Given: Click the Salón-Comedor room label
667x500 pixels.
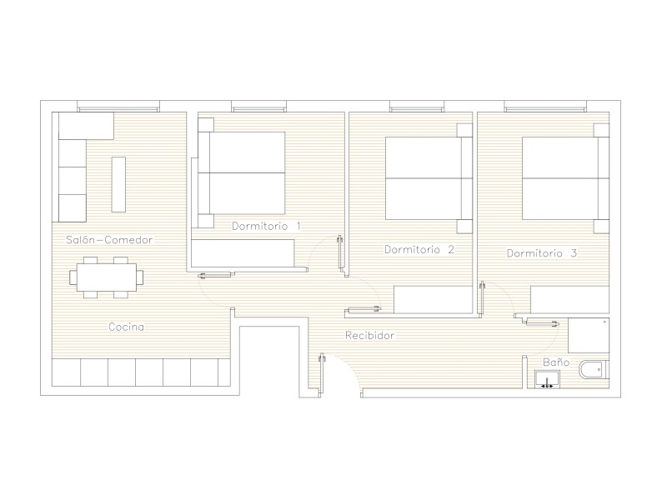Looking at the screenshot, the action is (x=109, y=240).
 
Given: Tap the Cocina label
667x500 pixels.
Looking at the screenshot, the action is (x=127, y=327).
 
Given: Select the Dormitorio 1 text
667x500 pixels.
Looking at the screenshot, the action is (x=266, y=226).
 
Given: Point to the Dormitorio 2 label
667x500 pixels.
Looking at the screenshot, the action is (x=419, y=249).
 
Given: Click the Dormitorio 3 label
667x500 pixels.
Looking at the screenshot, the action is (x=542, y=253).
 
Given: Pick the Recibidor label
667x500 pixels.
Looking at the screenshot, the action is (x=369, y=336).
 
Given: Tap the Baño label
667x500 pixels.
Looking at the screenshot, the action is (x=556, y=362).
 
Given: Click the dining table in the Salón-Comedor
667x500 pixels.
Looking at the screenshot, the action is (x=107, y=277).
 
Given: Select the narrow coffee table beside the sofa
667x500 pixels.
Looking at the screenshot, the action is (x=118, y=184).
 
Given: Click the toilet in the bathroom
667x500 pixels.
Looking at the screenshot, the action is (x=594, y=369).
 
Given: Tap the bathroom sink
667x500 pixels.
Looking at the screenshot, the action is (x=547, y=379).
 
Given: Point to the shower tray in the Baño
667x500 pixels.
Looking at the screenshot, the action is (x=589, y=336).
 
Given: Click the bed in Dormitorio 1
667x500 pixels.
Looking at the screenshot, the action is (x=241, y=173).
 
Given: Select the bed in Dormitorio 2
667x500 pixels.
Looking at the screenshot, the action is (x=429, y=178).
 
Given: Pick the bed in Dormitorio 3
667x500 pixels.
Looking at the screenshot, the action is (x=566, y=178).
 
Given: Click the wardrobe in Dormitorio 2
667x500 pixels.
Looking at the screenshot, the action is (x=433, y=300).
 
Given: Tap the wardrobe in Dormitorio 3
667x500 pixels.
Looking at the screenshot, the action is (x=569, y=300).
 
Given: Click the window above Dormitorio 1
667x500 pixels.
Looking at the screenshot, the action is (x=258, y=107).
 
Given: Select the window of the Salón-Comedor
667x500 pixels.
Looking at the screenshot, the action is (x=118, y=107).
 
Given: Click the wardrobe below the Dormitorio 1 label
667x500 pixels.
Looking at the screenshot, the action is (x=243, y=253).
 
